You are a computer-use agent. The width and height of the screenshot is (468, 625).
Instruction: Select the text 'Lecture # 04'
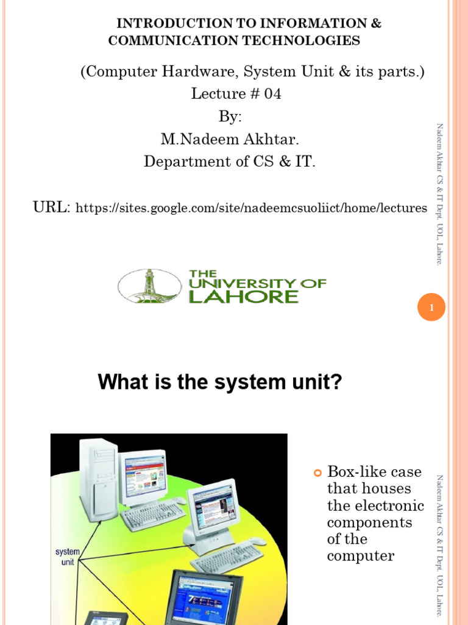pos(236,94)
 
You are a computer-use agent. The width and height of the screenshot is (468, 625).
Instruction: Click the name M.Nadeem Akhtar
pos(230,140)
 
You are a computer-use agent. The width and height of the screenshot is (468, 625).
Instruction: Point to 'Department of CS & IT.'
pos(230,162)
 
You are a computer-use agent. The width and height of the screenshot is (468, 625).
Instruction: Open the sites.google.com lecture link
pos(250,209)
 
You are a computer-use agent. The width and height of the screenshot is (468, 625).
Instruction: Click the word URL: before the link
pos(52,208)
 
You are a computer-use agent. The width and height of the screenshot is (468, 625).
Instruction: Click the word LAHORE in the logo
pos(244,297)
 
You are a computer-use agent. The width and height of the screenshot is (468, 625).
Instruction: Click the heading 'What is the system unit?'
pos(220,383)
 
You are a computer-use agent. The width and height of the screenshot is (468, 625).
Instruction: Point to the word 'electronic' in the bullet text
pos(375,505)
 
